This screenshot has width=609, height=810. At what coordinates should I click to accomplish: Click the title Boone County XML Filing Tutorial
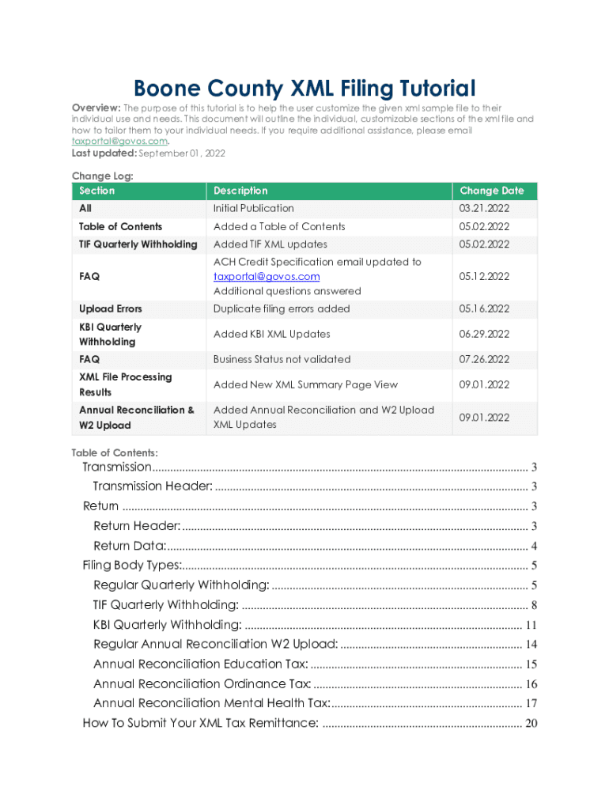304,88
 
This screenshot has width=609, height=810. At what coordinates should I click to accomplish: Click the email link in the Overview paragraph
119,141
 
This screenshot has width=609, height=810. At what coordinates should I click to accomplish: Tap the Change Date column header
491,191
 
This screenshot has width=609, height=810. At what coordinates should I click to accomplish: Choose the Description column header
240,191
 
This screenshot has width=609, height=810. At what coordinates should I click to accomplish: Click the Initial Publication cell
253,209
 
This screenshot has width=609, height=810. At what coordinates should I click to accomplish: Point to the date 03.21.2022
484,209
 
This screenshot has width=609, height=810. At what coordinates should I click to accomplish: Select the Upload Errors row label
111,308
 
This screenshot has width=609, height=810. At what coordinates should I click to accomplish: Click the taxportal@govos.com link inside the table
267,276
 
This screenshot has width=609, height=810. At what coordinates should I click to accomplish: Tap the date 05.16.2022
484,308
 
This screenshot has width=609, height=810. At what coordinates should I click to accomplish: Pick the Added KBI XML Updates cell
271,334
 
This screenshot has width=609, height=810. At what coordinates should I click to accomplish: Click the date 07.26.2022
484,359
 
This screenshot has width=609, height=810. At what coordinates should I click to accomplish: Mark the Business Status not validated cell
282,359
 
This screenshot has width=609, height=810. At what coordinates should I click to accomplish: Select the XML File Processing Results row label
125,384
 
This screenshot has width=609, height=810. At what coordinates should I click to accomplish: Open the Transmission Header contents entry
153,486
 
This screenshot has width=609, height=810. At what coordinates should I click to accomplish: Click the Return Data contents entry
130,546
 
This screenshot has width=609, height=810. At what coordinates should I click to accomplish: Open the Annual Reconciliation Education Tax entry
201,664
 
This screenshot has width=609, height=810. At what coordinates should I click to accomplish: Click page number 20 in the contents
531,724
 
